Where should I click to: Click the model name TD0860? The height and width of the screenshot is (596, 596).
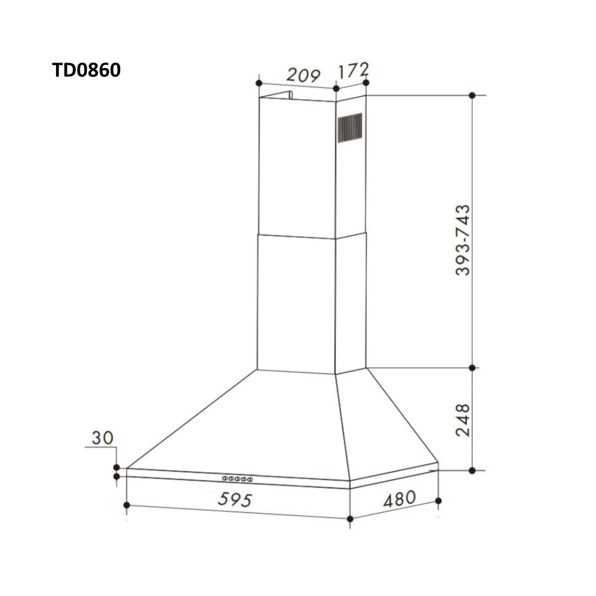coord(86,70)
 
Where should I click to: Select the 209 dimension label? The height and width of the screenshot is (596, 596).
coord(304,75)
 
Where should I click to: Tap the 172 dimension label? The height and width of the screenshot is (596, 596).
coord(354,70)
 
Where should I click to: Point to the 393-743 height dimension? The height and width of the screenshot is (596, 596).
coord(462,240)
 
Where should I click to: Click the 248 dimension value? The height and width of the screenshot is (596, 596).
coord(463,420)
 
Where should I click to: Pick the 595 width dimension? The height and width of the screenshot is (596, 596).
coord(235,499)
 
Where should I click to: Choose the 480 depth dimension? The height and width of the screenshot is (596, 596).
coord(399,499)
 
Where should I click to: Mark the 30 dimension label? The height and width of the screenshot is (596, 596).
coord(102,438)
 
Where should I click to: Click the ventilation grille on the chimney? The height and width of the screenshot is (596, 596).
coord(350,128)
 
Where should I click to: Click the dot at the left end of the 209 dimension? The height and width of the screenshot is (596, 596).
coord(258,82)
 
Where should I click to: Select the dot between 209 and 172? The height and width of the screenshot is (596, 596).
coord(336,88)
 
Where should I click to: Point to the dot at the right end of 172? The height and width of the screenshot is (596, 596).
coord(366,82)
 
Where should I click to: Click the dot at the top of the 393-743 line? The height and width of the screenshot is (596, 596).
coord(472,95)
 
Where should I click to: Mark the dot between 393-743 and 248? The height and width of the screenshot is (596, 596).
coord(472,368)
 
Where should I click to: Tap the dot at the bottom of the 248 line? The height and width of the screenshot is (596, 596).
coord(472,470)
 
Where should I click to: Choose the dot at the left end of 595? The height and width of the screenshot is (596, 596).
coord(127,505)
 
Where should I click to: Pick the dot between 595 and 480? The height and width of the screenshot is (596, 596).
coord(350,519)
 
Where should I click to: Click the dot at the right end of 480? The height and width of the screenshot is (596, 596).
coord(439,501)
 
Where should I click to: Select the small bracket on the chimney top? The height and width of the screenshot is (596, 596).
coord(289,95)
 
